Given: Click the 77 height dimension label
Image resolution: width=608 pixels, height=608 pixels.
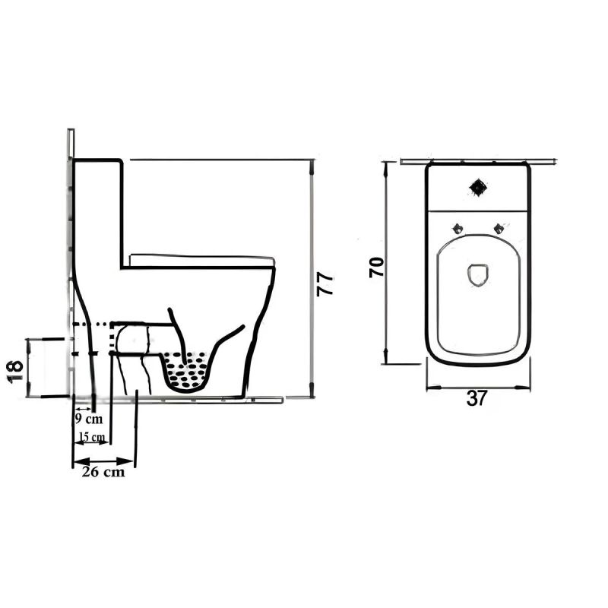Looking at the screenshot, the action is tap(325, 285).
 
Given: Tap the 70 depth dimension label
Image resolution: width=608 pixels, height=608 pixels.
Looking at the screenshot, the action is tap(376, 268).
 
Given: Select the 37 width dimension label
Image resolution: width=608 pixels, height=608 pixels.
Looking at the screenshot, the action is tap(477, 398).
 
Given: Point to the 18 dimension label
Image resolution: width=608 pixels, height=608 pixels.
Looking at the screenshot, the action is tap(15, 372).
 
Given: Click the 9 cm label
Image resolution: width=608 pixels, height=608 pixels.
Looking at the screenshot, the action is tap(89, 420).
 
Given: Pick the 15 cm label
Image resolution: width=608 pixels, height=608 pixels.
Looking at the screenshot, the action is tap(92, 437).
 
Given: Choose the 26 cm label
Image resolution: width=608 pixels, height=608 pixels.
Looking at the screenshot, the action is tap(103, 472).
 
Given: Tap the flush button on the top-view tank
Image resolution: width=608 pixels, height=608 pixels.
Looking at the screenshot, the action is tap(478, 188).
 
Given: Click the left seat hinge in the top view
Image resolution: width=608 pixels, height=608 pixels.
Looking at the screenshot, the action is tap(458, 229).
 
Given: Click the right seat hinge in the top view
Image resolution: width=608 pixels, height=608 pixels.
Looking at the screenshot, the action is tap(499, 229).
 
